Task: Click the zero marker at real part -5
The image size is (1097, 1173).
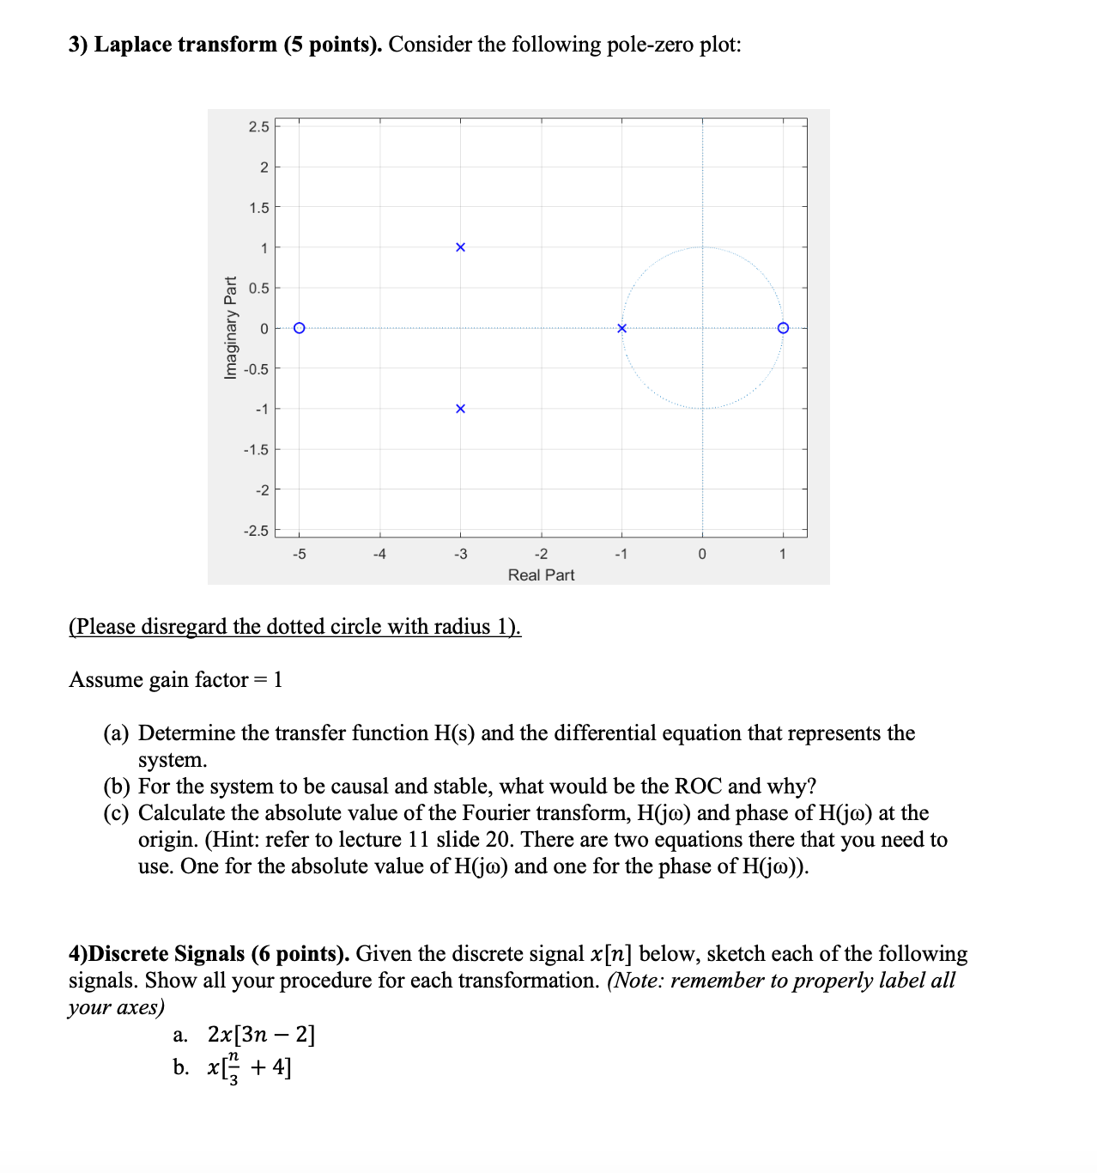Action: [299, 328]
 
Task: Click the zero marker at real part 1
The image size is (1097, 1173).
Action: [783, 328]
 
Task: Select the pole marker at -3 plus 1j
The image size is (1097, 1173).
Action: [460, 247]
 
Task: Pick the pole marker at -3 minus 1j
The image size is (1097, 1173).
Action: [460, 409]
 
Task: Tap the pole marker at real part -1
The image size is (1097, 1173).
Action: [622, 328]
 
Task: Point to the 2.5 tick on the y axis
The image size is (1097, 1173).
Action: [258, 127]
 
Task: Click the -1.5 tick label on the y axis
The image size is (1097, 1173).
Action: [256, 450]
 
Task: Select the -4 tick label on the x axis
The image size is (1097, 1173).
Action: [379, 555]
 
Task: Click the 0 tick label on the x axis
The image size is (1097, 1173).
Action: [702, 555]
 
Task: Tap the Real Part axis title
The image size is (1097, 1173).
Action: [541, 575]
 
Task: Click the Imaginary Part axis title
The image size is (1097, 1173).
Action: [230, 328]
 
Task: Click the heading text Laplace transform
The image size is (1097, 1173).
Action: [185, 45]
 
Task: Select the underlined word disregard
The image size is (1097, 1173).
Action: [184, 627]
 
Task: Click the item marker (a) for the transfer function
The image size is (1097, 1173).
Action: [117, 733]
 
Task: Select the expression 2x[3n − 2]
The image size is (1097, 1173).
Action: [262, 1035]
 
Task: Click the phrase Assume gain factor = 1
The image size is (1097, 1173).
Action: [176, 680]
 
